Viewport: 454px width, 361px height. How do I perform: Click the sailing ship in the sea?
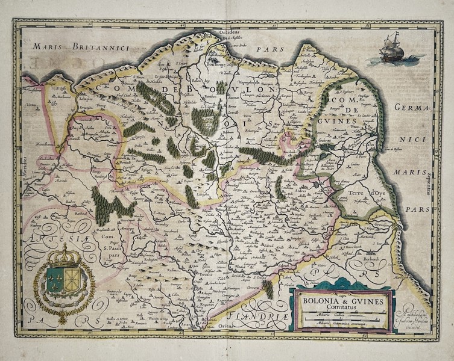click(393, 49)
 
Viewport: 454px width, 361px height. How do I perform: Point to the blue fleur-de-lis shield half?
click(56, 280)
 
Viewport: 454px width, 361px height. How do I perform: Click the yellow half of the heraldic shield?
click(72, 280)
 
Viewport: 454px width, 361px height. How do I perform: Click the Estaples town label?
click(67, 96)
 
